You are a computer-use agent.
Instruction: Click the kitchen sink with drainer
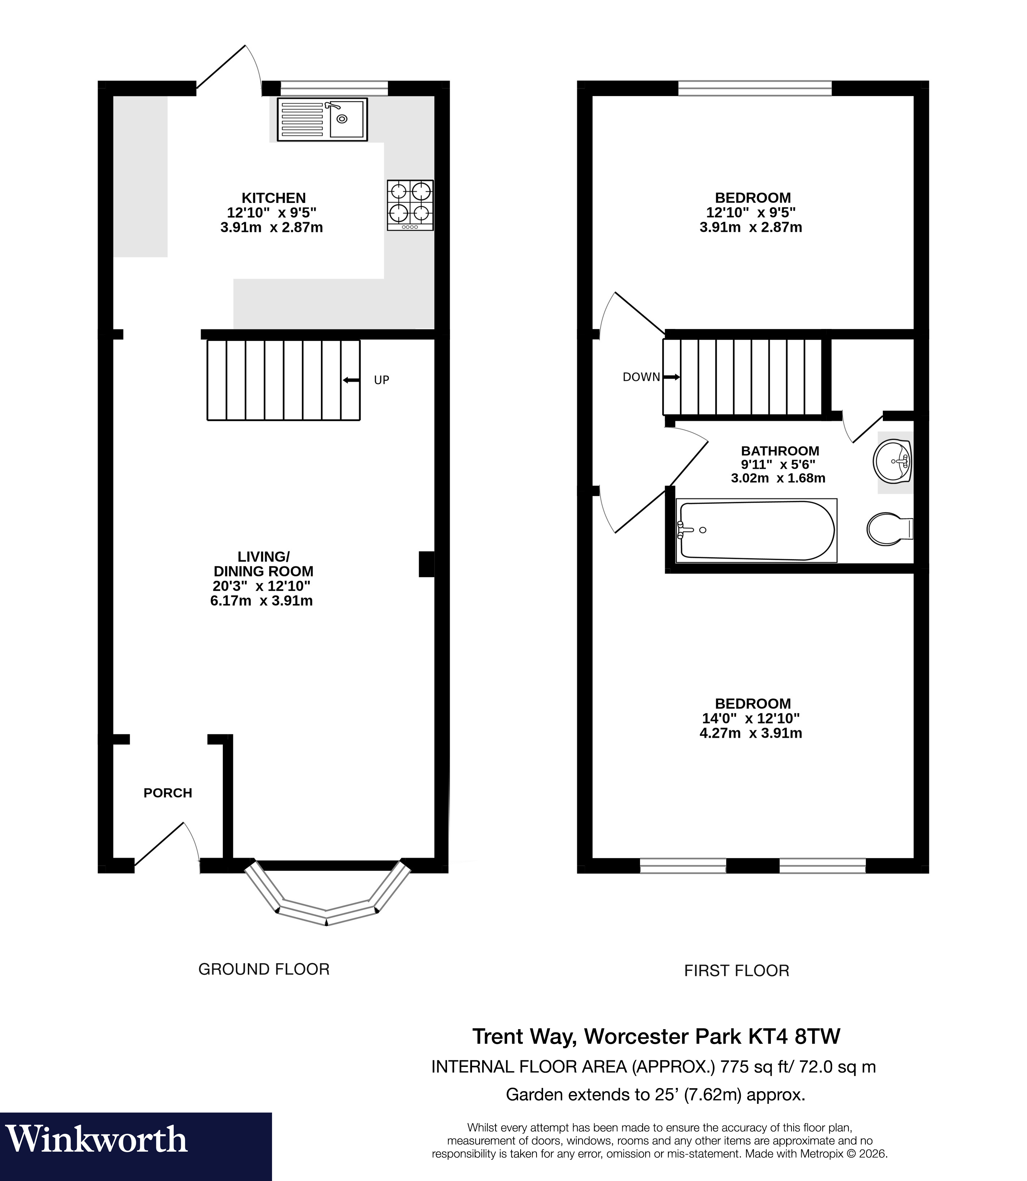tap(322, 119)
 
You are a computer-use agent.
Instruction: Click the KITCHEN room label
tap(274, 198)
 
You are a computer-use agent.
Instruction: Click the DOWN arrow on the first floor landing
tap(671, 377)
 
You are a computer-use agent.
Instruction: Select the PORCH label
tap(167, 793)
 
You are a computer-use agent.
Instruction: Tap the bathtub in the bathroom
tap(756, 530)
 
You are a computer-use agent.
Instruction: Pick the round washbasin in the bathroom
tap(892, 461)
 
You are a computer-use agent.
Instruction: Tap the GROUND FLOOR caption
tap(264, 969)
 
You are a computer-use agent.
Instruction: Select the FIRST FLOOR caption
tap(736, 970)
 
